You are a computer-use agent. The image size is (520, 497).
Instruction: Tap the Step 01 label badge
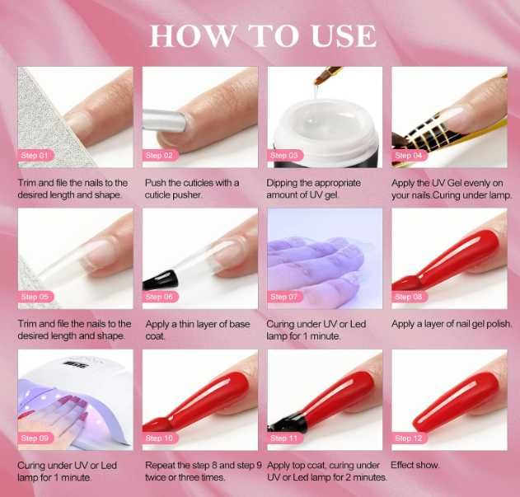(x=35, y=155)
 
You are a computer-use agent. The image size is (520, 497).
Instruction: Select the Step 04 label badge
(x=409, y=155)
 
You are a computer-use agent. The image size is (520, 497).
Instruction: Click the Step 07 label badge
(x=284, y=297)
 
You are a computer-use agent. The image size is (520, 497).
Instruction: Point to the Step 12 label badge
(x=409, y=438)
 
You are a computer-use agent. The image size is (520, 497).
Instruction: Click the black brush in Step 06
(x=160, y=279)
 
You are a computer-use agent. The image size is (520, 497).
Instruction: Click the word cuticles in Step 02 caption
(x=199, y=183)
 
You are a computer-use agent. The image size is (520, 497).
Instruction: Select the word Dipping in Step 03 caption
(x=282, y=183)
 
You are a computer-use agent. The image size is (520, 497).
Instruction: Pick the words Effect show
(x=415, y=465)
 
